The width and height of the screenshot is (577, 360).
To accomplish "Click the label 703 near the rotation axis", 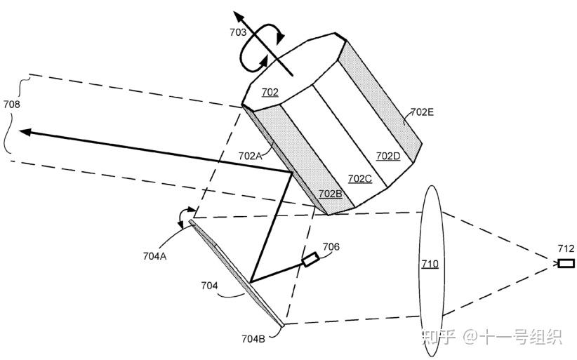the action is coord(238,32).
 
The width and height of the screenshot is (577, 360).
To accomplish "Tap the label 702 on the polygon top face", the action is coord(270,92).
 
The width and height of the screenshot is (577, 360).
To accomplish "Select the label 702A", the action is coord(251,156).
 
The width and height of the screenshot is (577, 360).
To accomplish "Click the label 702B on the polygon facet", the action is coord(330,193).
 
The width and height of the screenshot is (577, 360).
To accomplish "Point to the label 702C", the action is coord(359,178).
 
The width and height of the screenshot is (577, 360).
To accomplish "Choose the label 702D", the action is coord(388,156).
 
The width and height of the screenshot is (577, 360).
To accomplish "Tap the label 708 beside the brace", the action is coord(12,105).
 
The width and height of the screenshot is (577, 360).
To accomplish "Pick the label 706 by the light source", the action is coord(331,246).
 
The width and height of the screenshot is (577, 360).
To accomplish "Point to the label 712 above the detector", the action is coord(566,248).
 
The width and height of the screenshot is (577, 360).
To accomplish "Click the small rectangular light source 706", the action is coord(310,260).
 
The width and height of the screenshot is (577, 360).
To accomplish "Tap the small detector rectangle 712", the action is coord(566,263).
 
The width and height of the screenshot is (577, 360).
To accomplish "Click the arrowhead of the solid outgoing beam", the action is coord(25,131).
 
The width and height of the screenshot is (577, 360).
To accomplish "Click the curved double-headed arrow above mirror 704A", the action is coord(185,212).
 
